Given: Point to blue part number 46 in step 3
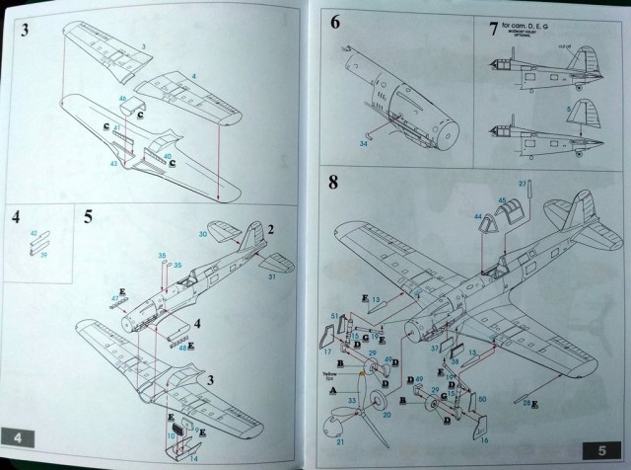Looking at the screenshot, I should (122, 100).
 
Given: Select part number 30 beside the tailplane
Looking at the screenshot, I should (203, 234).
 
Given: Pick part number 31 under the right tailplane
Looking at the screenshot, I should (272, 275).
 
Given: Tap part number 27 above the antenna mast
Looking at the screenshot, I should (524, 184).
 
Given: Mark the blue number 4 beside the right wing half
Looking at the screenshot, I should (193, 76).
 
